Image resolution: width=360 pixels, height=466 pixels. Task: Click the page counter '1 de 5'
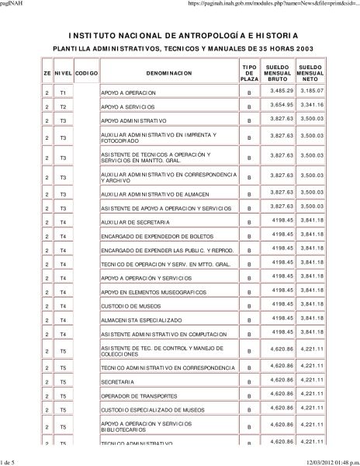[x=10, y=461]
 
